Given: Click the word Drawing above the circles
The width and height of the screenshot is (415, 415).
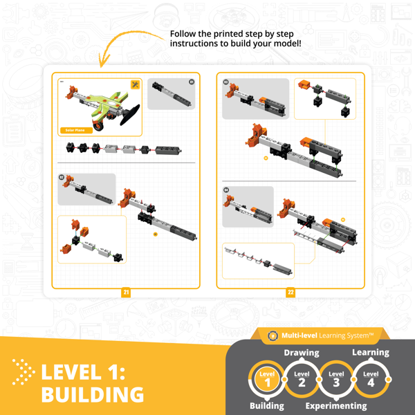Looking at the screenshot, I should (x=302, y=352).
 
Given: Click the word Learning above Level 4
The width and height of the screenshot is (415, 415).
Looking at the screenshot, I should (x=371, y=352).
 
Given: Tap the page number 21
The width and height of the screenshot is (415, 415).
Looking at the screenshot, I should (x=126, y=293).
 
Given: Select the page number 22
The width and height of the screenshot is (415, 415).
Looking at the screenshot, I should (x=290, y=293).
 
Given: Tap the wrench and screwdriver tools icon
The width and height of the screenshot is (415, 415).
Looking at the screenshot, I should (x=135, y=84).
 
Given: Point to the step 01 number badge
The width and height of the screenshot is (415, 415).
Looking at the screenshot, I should (x=192, y=82).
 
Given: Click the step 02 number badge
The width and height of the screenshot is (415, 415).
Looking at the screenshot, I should (x=62, y=177).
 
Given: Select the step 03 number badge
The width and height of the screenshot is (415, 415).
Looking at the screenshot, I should (x=226, y=82).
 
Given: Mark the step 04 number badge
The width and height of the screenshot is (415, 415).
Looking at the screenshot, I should (x=226, y=190).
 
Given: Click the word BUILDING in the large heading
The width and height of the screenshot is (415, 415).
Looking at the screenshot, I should (x=92, y=394).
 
